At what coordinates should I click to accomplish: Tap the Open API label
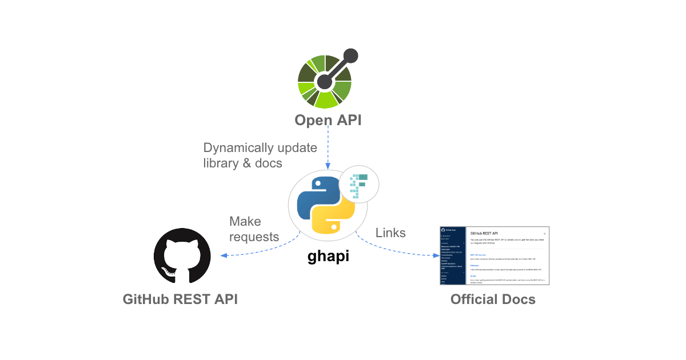(x=328, y=120)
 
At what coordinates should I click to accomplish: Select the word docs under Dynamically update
(x=268, y=163)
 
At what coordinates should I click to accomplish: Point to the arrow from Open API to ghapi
(x=328, y=149)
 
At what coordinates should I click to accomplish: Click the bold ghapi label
(x=328, y=257)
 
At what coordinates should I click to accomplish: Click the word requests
(x=254, y=237)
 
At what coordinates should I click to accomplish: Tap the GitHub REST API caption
(x=180, y=299)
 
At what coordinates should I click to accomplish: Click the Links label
(x=390, y=233)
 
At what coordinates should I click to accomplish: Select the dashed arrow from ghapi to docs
(x=394, y=249)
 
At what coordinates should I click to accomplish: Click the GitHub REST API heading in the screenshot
(x=484, y=233)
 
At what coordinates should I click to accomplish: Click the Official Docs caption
(x=492, y=299)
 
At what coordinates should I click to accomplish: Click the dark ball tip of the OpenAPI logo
(x=350, y=56)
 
